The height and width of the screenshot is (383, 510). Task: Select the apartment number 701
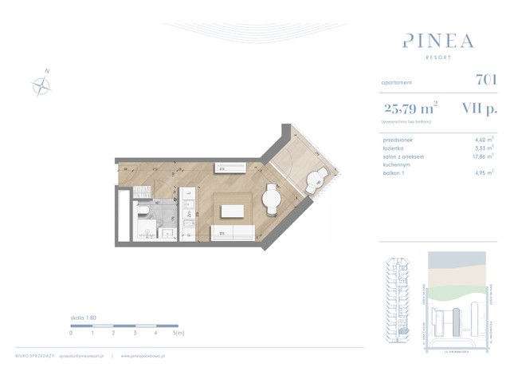(486, 80)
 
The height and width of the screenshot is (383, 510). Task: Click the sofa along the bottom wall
(232, 234)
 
